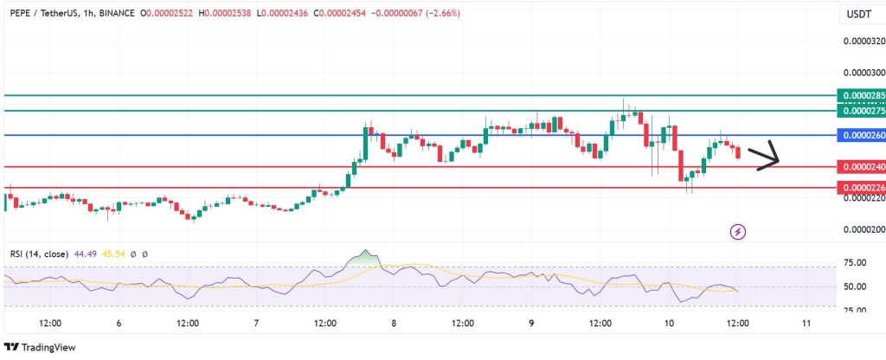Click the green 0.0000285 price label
click(x=861, y=95)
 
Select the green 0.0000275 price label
click(x=861, y=111)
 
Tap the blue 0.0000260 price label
click(x=861, y=136)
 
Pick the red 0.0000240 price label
click(x=861, y=166)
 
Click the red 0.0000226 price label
click(x=861, y=187)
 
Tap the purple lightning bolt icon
click(x=739, y=231)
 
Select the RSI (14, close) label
click(x=38, y=254)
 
